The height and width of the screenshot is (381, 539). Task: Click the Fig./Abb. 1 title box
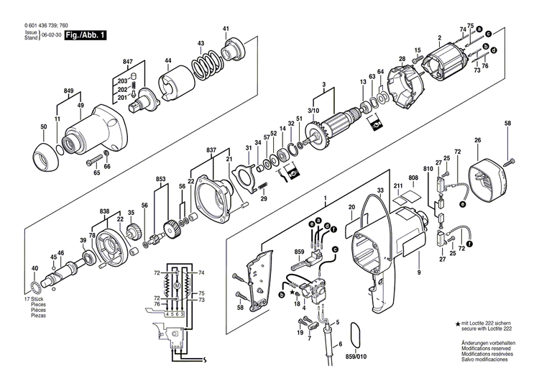click(83, 35)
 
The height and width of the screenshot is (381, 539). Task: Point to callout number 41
click(226, 29)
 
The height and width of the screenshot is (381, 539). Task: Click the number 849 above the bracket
click(69, 91)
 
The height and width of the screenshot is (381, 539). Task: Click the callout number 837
click(211, 150)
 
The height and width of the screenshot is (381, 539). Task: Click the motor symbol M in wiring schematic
click(176, 286)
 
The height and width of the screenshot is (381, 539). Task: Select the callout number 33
click(379, 190)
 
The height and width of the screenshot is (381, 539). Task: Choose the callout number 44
click(167, 60)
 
